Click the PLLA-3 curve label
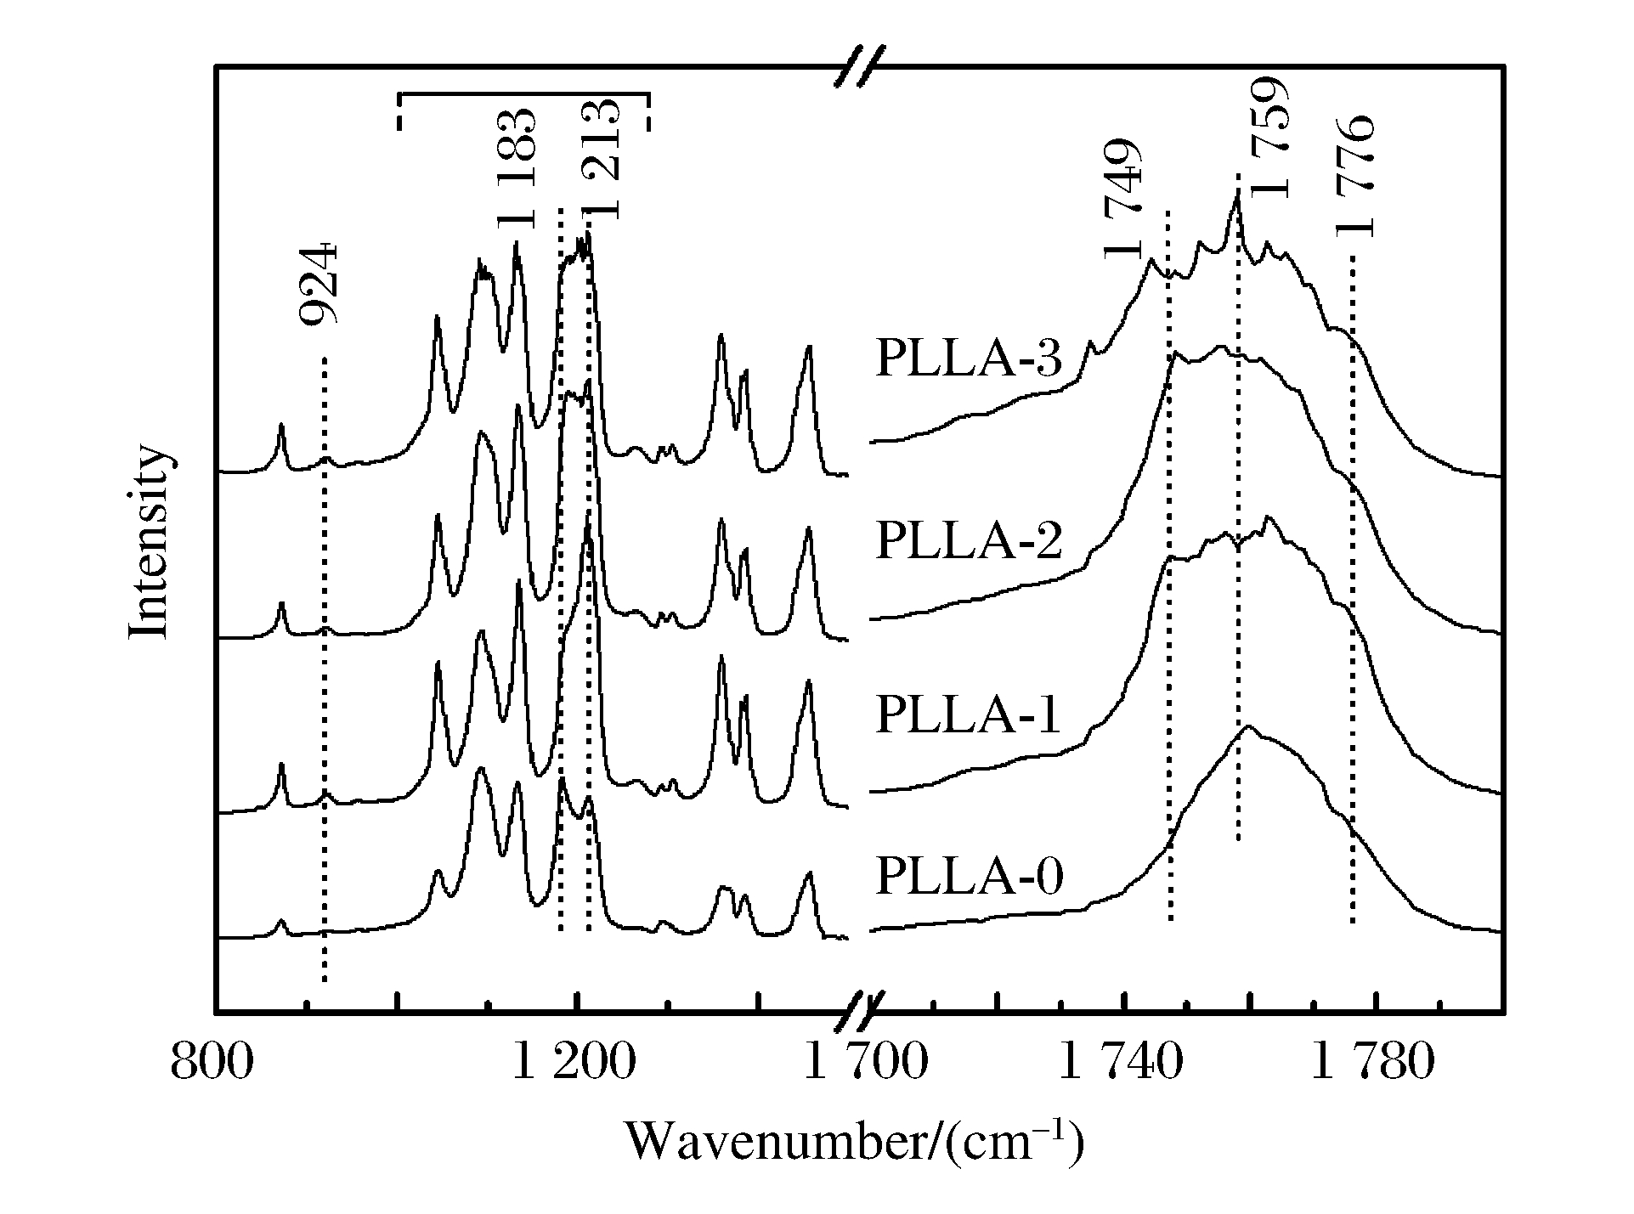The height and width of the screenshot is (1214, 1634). tap(969, 359)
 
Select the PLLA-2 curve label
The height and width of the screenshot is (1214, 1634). tap(969, 540)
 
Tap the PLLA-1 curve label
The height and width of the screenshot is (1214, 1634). tap(969, 715)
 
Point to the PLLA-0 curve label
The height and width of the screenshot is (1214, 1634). tap(969, 877)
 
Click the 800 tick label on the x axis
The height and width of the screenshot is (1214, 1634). tap(212, 1063)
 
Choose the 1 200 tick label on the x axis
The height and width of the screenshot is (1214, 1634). tap(574, 1063)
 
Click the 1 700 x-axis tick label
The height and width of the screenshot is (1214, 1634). tap(867, 1063)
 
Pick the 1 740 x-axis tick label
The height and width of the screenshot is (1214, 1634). tap(1121, 1063)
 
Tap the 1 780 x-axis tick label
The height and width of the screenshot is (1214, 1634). tap(1373, 1063)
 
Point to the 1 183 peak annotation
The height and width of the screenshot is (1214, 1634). tap(517, 169)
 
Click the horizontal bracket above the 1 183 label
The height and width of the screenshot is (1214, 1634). tap(523, 95)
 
